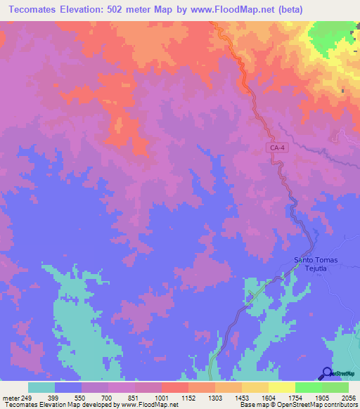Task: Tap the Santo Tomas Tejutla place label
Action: click(316, 264)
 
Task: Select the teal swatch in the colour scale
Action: click(41, 387)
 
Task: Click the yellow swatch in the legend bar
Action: click(282, 387)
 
